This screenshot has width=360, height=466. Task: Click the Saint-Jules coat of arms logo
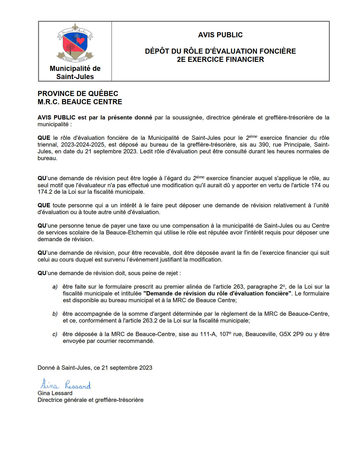75,42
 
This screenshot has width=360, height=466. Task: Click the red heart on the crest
81,41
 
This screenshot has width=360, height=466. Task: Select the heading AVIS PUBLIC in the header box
220,35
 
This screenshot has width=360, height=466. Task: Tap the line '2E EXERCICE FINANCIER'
220,59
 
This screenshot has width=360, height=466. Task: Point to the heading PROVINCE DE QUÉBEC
78,93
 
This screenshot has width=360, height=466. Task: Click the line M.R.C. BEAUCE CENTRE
80,102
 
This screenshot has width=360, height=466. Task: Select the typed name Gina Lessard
55,393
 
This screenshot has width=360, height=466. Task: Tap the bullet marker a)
55,287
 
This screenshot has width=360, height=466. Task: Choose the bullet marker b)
55,314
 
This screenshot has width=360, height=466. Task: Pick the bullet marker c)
55,334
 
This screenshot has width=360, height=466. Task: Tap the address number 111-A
208,334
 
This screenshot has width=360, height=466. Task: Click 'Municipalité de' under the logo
75,68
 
